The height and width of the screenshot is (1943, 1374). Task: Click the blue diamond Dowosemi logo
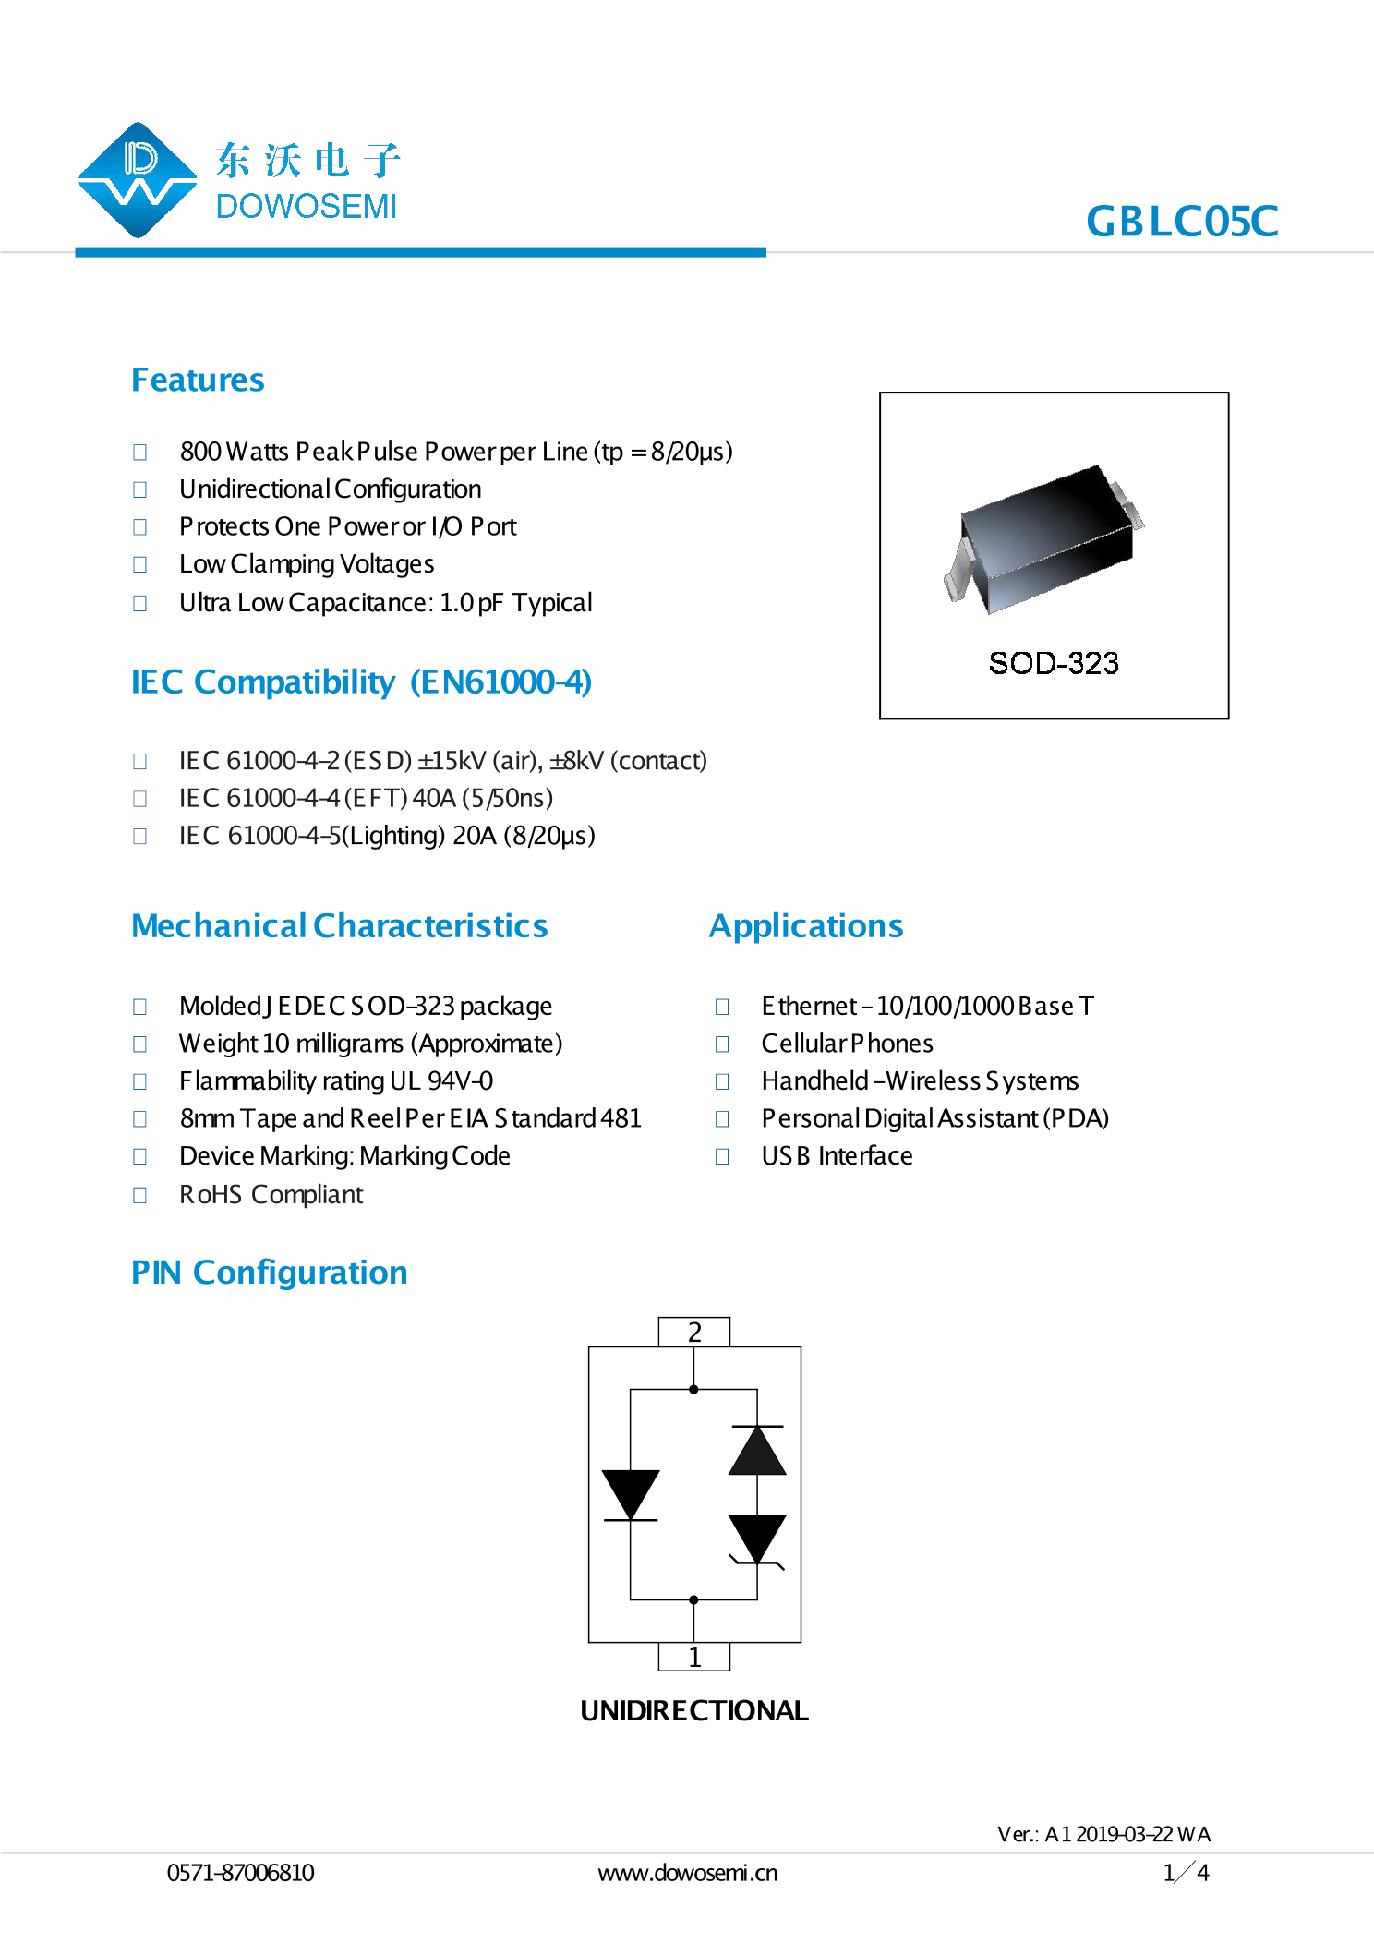tap(138, 180)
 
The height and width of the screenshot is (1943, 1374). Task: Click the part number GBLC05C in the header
tap(1181, 222)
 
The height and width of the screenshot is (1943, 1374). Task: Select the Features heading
tap(198, 380)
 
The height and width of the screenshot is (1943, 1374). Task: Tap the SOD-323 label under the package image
tap(1053, 663)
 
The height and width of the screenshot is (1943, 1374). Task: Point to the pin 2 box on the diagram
tap(694, 1332)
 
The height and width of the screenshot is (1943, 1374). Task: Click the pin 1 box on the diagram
tap(694, 1657)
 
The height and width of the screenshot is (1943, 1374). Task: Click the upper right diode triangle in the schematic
tap(757, 1451)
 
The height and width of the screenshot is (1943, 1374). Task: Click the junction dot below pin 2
tap(693, 1389)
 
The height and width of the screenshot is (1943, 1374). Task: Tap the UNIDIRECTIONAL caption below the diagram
tap(694, 1710)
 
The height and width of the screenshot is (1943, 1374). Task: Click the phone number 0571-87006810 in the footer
tap(240, 1873)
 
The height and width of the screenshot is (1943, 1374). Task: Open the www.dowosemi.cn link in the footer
tap(688, 1873)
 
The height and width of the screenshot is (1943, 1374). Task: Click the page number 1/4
tap(1186, 1872)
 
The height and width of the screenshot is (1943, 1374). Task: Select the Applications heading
tap(806, 926)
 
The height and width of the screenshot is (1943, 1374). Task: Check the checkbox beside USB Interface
tap(722, 1156)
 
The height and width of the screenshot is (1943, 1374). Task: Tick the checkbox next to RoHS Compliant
tap(140, 1195)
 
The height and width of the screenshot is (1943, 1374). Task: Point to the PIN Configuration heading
tap(269, 1273)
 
